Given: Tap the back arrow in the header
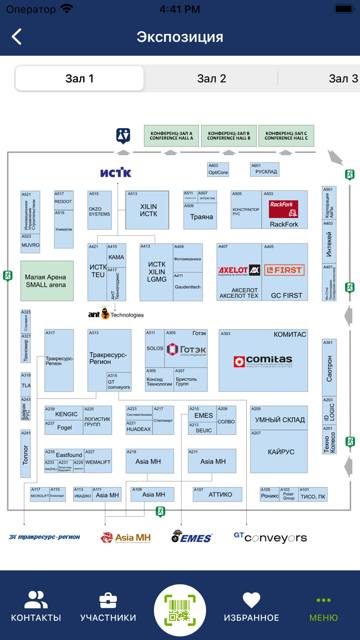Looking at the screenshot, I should [x=17, y=37].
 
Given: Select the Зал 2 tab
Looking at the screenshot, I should [x=211, y=79].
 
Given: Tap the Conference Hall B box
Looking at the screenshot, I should [x=229, y=135].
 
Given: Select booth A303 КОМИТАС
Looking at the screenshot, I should [x=263, y=360].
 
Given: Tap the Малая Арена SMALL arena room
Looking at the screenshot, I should [x=47, y=281].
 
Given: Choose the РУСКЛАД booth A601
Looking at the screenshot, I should [x=265, y=169].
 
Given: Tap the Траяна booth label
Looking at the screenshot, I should [x=201, y=217].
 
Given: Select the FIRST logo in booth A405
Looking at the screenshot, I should [x=284, y=270].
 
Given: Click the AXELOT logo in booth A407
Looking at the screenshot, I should [x=239, y=270].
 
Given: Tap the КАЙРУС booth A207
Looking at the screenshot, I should [x=280, y=452].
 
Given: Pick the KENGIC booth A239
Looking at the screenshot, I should [x=66, y=414].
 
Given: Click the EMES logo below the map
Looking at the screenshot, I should [x=191, y=537].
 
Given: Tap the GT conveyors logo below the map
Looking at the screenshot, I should [x=270, y=538].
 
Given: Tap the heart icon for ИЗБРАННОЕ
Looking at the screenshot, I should [x=251, y=600].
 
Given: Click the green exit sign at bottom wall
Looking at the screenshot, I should [x=161, y=511].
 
